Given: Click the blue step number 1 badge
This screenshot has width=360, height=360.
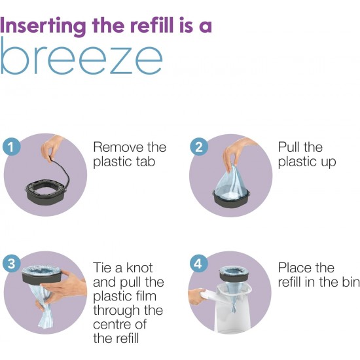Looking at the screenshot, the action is (11, 147).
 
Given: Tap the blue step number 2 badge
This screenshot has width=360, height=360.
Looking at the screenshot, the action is (199, 147).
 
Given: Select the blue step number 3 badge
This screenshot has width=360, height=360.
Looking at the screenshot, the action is (11, 264).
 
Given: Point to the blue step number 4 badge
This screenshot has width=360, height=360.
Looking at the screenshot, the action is (199, 264).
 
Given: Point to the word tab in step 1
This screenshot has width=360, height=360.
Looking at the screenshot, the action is (143, 161).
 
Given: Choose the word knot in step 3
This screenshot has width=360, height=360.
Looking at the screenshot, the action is (139, 268).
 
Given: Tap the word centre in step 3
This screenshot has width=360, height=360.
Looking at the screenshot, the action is (110, 325).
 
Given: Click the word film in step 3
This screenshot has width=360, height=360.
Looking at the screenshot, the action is (145, 296).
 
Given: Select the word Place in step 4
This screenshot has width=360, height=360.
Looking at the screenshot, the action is (295, 268).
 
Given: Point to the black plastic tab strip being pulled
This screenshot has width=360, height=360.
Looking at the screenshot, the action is (62, 170).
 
